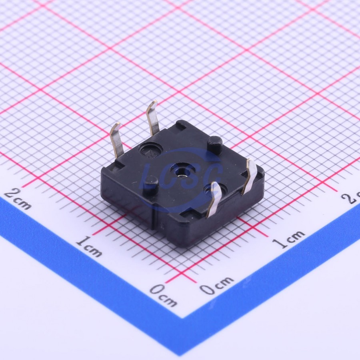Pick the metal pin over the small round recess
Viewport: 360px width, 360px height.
coord(215,200)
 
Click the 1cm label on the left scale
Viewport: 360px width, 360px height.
coord(88,246)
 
